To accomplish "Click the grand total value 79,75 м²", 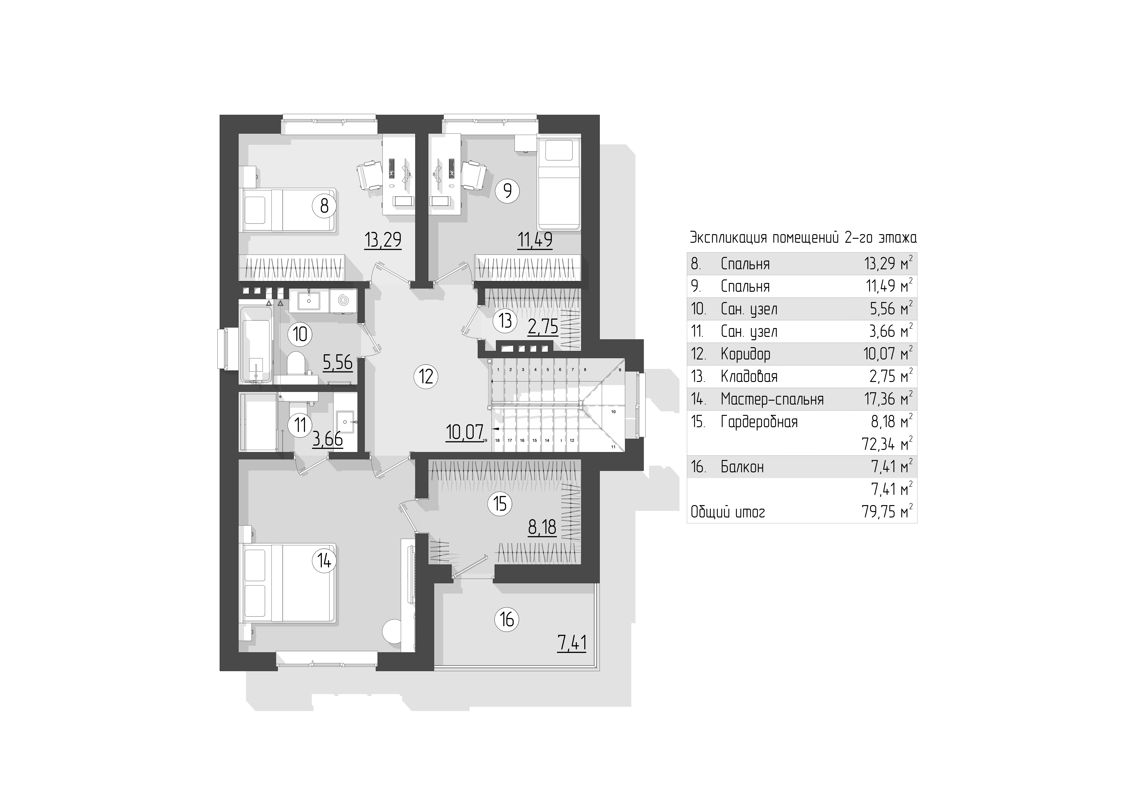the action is pos(888,512).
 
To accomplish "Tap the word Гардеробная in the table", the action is pos(759,422).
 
